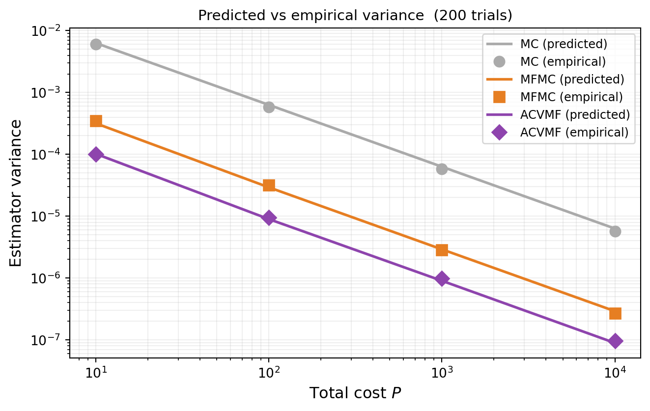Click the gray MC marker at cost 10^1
click(96, 44)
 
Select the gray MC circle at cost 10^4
click(615, 231)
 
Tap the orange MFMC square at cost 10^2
click(269, 185)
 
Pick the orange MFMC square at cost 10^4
click(615, 313)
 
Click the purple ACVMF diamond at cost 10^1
click(96, 154)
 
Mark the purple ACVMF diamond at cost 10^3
click(442, 279)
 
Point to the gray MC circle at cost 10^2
click(269, 107)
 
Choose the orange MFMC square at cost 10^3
click(442, 250)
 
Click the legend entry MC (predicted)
click(564, 44)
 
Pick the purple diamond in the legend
click(499, 132)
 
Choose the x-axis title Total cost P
click(355, 393)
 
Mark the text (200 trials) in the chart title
click(478, 15)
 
